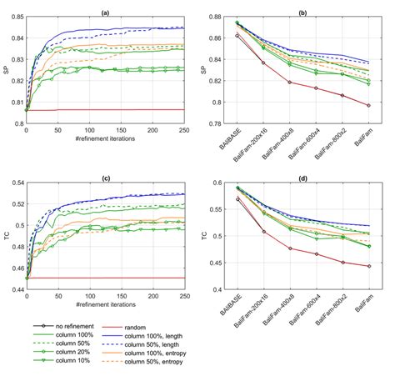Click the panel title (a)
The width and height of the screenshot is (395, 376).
[105, 12]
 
